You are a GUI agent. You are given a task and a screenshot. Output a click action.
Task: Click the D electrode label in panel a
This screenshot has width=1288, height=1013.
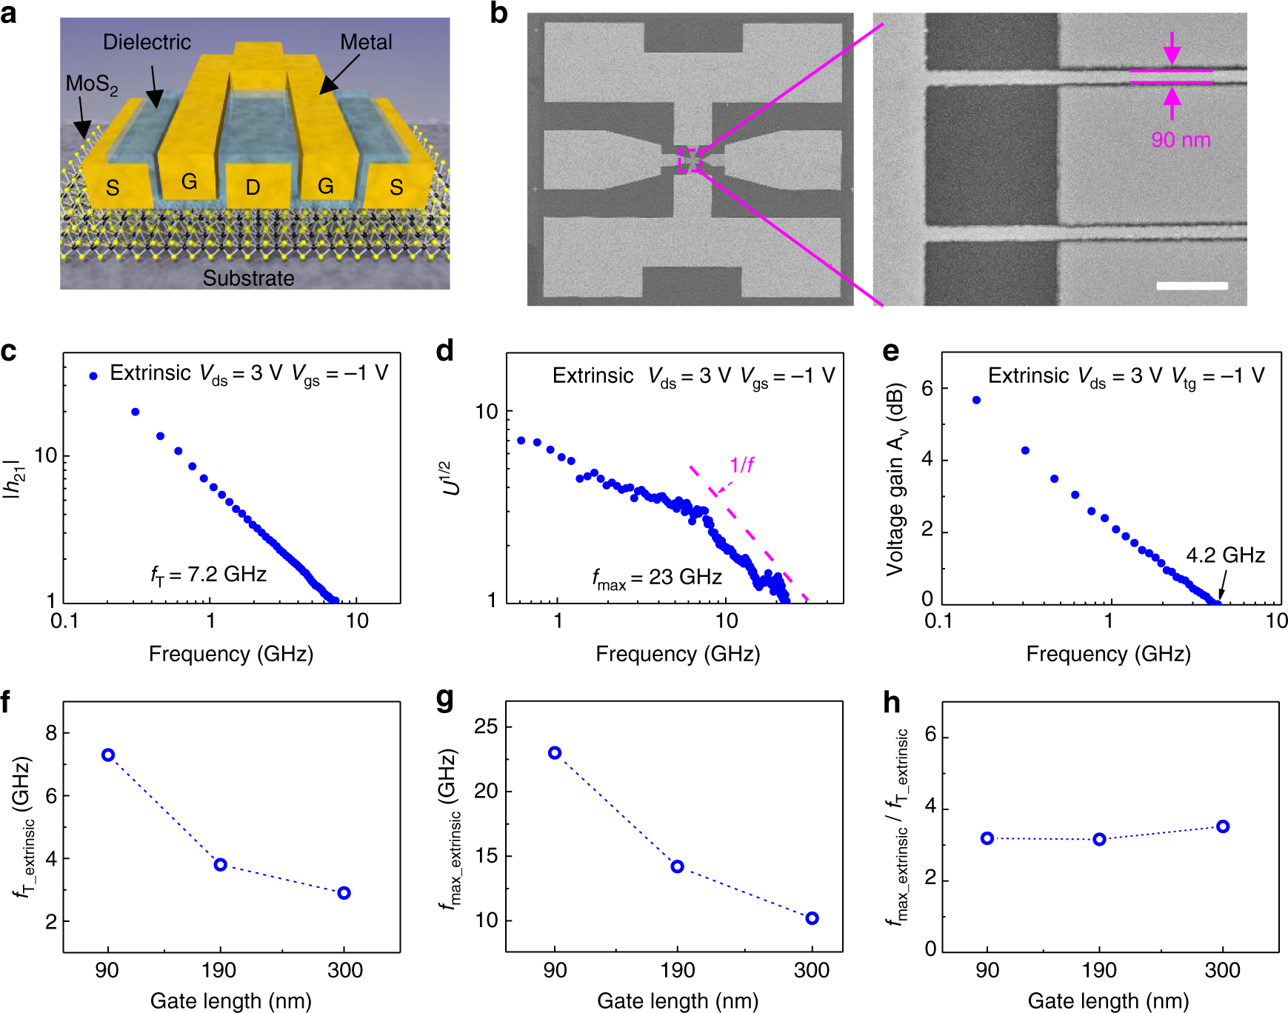point(253,187)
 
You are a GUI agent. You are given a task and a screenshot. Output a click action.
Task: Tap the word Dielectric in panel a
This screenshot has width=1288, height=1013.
point(147,42)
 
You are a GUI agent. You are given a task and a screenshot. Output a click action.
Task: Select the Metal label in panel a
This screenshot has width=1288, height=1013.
point(366,42)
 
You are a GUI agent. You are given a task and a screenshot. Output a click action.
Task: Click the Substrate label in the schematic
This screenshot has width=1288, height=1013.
point(248,278)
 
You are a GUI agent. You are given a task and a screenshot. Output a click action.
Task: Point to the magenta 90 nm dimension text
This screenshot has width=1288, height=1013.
point(1181,139)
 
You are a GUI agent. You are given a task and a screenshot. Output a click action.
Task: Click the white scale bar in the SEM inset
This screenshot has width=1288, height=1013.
point(1192,286)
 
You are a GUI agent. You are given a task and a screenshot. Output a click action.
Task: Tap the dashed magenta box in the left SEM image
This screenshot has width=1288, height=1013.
point(689,160)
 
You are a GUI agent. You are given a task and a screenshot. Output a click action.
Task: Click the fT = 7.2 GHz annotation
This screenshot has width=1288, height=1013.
point(209,575)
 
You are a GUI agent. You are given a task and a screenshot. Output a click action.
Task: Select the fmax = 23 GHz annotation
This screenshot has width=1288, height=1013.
point(656,578)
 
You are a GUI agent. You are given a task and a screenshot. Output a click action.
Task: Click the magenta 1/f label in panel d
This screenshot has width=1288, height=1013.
point(741,465)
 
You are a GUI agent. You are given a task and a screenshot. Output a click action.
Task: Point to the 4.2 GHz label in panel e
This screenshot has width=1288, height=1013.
point(1225,555)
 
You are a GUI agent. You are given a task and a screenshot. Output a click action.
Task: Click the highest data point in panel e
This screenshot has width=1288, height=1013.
point(976,400)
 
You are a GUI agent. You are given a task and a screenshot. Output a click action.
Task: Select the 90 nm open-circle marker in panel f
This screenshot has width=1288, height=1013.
point(108,755)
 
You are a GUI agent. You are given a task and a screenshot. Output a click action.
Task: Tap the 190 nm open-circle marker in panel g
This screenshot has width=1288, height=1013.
point(677,866)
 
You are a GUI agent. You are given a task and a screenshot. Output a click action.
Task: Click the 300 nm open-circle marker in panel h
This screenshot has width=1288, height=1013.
point(1223,826)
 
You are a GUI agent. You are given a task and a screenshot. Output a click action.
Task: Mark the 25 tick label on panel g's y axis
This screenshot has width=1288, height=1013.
point(487,726)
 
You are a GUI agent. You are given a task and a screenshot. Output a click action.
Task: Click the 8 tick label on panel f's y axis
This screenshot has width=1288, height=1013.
point(51,733)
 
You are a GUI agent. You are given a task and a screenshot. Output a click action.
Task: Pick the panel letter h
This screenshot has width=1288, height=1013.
point(892,702)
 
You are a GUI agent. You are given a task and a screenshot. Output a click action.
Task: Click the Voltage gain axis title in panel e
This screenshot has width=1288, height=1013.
point(895,479)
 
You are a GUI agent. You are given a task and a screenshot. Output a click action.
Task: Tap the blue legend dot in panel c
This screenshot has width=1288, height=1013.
point(93,376)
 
